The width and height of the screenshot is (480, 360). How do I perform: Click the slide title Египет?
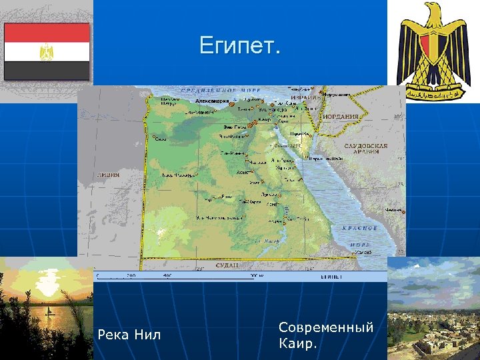[x=240, y=46]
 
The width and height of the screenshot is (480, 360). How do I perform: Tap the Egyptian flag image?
[x=47, y=51]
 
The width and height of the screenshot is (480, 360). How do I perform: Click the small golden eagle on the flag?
[x=47, y=52]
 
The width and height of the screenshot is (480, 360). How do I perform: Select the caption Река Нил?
[x=129, y=334]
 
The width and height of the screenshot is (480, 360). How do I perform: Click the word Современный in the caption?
[x=326, y=327]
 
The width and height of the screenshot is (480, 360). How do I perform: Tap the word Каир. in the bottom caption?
[x=298, y=345]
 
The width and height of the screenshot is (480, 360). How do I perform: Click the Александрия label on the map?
[x=212, y=101]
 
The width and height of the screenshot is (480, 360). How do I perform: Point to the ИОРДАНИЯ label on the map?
[x=341, y=116]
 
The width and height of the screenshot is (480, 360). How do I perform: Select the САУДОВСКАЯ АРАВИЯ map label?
[x=365, y=148]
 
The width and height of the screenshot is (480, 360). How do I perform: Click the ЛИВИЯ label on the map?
[x=109, y=175]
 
